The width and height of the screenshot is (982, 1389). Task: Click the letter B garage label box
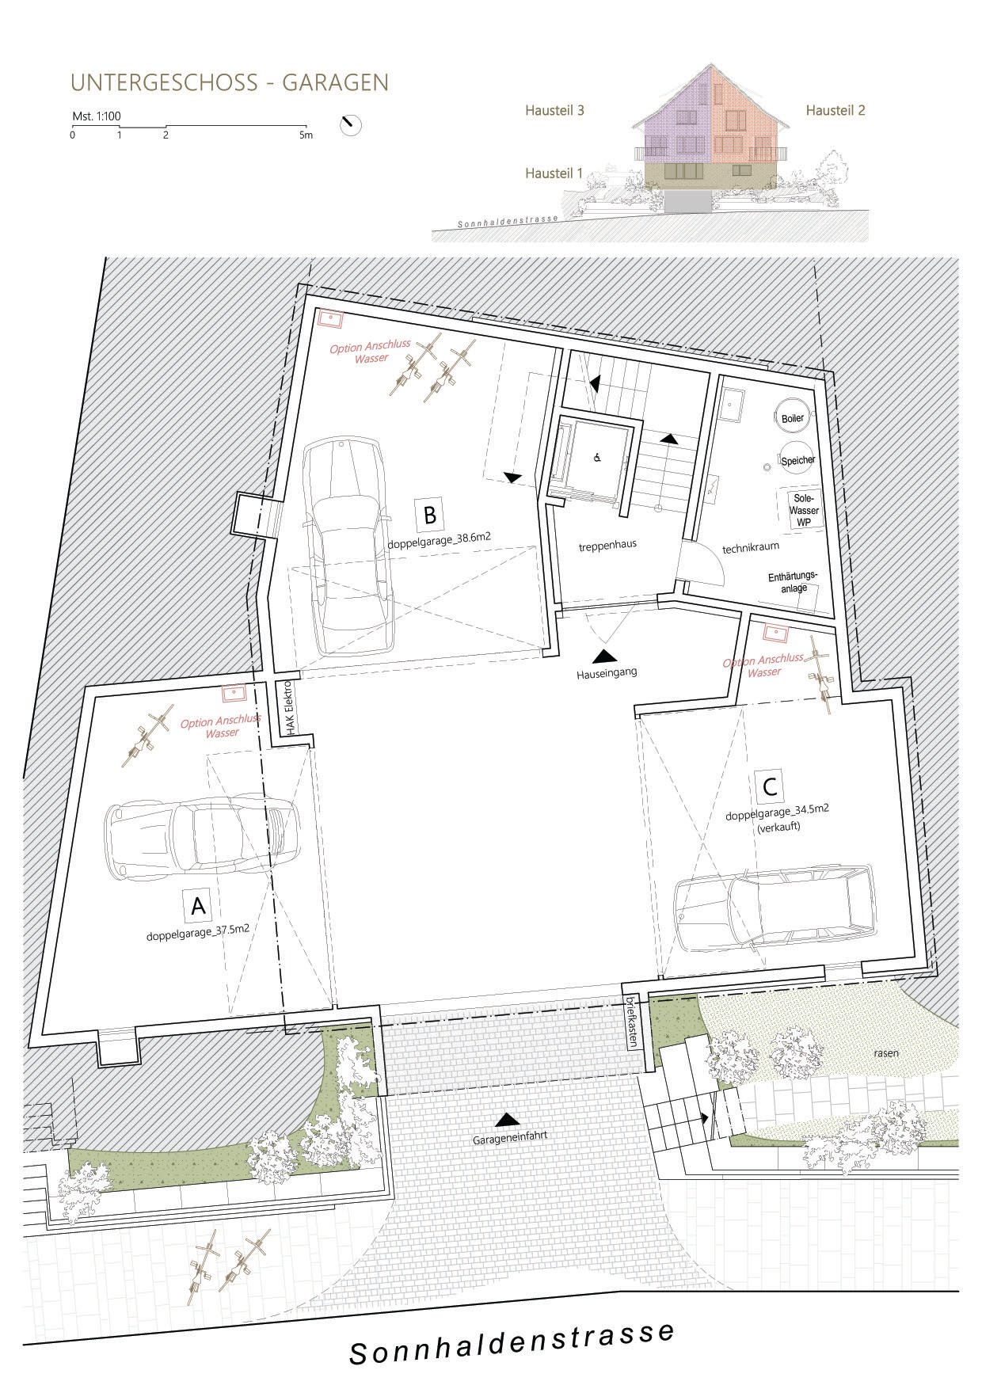[x=429, y=516]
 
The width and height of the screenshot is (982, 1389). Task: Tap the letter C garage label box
[x=770, y=787]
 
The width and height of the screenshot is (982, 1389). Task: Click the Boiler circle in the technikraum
[x=792, y=418]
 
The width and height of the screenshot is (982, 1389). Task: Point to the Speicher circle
[x=797, y=460]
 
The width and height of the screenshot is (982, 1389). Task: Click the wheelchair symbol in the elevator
[x=597, y=458]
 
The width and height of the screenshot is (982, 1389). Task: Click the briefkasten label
[x=631, y=1022]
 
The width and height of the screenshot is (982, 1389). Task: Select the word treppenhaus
[x=607, y=545]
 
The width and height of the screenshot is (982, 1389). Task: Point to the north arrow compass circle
[x=350, y=125]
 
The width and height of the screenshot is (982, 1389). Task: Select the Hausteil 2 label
[x=835, y=111]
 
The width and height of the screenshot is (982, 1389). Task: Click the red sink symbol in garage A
[x=234, y=694]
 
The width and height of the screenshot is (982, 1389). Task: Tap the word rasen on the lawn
[x=885, y=1053]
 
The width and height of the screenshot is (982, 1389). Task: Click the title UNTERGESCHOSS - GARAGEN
[x=230, y=82]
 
